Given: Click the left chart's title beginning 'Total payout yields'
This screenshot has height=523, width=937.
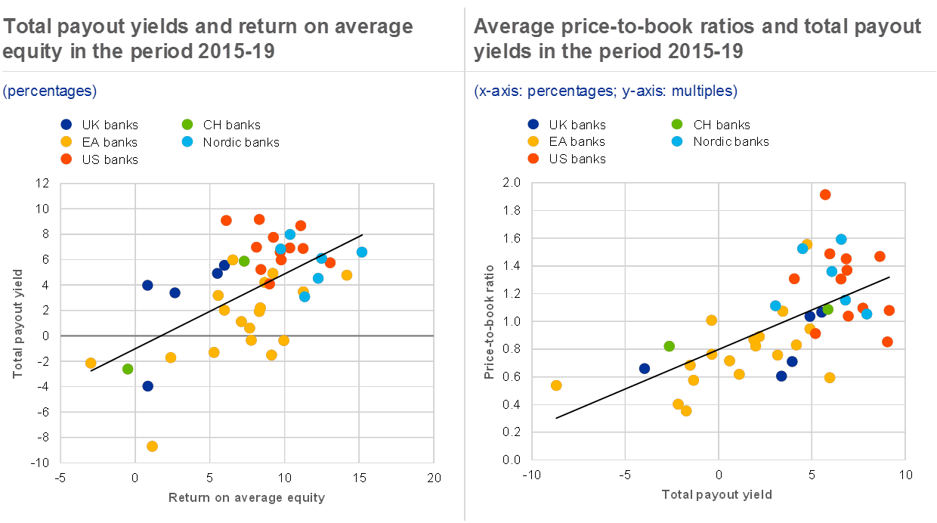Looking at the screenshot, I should click(x=208, y=39).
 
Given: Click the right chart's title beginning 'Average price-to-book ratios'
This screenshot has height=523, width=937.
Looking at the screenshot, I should click(x=697, y=39).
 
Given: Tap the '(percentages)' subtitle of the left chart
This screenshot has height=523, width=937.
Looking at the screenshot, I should click(x=50, y=91).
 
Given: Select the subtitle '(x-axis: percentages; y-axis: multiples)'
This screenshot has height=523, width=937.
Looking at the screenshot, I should click(x=605, y=91).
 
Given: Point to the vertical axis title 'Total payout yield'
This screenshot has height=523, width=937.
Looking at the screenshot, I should click(x=17, y=323).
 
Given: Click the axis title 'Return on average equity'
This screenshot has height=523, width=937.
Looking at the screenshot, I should click(x=246, y=497).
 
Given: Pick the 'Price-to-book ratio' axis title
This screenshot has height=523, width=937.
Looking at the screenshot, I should click(x=490, y=321).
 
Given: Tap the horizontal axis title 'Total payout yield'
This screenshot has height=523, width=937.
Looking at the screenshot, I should click(x=716, y=495).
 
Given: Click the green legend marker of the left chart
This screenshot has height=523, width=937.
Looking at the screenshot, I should click(x=187, y=124).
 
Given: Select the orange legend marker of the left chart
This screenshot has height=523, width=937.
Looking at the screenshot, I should click(x=66, y=159).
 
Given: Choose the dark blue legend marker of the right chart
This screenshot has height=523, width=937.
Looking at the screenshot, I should click(x=533, y=124).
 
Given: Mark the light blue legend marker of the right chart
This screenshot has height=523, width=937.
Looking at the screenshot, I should click(x=677, y=141).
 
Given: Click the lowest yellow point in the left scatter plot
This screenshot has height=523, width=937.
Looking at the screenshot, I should click(x=152, y=446).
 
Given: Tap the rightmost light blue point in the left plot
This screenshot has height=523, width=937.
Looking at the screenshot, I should click(x=362, y=252).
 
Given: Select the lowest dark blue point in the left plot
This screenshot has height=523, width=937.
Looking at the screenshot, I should click(x=147, y=386).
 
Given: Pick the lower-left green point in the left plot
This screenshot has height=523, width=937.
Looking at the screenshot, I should click(x=128, y=369).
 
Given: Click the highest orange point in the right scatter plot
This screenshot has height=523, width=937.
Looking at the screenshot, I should click(x=825, y=194).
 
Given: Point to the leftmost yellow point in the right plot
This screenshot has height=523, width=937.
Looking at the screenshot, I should click(x=556, y=385).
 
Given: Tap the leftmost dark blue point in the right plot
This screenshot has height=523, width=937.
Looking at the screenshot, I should click(x=644, y=369).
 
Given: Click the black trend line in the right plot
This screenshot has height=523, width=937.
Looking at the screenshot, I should click(x=722, y=348).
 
